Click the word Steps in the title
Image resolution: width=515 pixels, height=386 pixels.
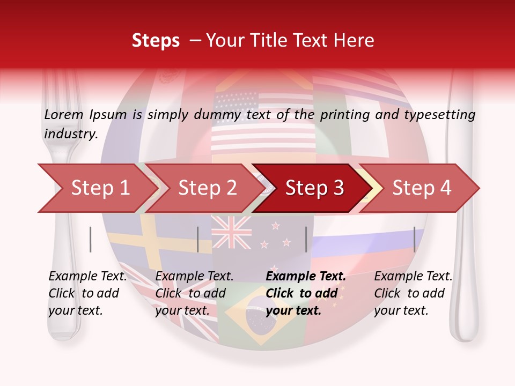pyautogui.click(x=156, y=41)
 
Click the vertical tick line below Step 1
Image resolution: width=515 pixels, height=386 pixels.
pyautogui.click(x=91, y=239)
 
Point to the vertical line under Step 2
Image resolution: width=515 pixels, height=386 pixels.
pyautogui.click(x=198, y=239)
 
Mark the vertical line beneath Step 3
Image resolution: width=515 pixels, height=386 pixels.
pyautogui.click(x=306, y=239)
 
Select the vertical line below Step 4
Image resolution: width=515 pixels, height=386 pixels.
pyautogui.click(x=414, y=239)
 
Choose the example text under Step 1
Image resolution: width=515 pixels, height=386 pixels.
pyautogui.click(x=87, y=293)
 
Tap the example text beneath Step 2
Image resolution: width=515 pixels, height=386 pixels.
pyautogui.click(x=194, y=293)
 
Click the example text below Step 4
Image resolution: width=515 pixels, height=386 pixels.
pyautogui.click(x=413, y=293)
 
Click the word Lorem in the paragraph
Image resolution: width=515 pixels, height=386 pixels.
pyautogui.click(x=64, y=115)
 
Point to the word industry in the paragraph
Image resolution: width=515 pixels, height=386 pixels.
pyautogui.click(x=70, y=134)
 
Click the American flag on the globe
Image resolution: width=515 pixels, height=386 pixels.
pyautogui.click(x=263, y=121)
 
